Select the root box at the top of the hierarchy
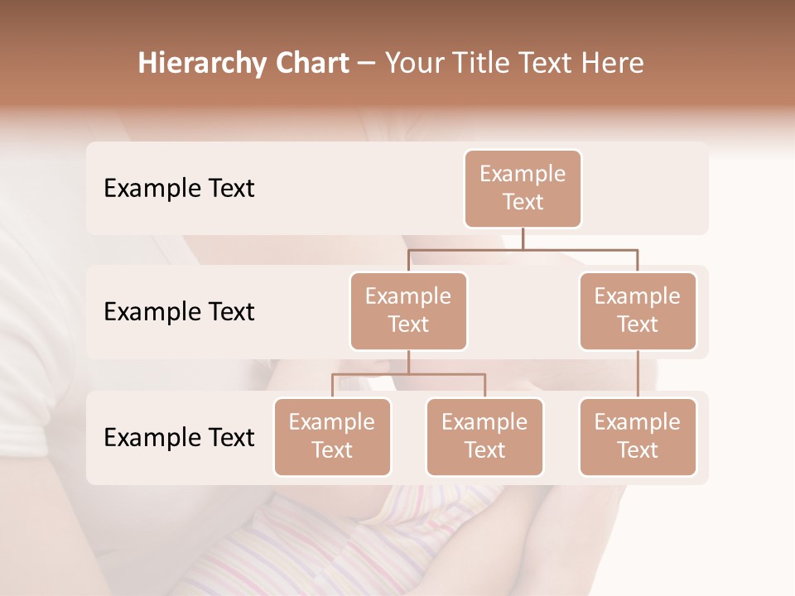523,189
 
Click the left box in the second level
408,311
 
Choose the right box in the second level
638,311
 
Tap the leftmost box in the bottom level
332,437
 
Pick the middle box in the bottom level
484,437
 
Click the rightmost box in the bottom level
638,437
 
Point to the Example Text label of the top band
179,189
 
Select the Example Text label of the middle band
179,312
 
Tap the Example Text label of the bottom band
179,437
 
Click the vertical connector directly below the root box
523,238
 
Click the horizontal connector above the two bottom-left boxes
408,374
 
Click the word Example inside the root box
523,174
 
